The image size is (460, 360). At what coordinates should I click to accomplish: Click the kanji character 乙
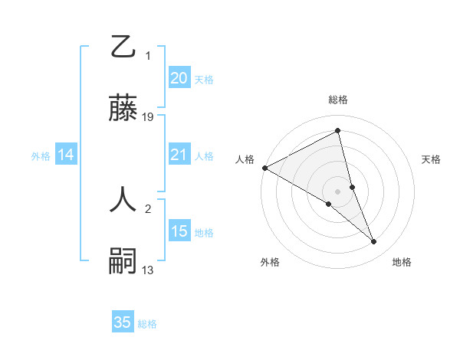(123, 47)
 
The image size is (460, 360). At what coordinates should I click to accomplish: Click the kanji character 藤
(123, 109)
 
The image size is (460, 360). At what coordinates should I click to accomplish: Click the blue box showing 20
(179, 78)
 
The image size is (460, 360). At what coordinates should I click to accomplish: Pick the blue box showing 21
(179, 155)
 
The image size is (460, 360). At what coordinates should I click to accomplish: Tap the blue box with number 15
(179, 231)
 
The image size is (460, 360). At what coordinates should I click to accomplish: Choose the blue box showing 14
(66, 155)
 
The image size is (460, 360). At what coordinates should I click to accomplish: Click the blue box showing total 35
(123, 322)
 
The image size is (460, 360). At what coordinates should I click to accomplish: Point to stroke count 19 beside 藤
(148, 116)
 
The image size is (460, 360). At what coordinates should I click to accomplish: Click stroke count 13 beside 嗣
(148, 270)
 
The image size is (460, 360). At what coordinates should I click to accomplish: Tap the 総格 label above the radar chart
(338, 100)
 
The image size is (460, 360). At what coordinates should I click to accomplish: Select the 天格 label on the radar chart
(432, 159)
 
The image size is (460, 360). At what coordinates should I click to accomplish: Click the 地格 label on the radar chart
(402, 262)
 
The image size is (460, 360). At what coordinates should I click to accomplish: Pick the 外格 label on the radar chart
(270, 262)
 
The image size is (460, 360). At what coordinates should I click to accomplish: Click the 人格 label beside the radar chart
(245, 159)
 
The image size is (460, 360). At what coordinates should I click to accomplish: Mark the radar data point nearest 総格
(338, 131)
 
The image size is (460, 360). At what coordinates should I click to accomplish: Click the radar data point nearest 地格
(374, 242)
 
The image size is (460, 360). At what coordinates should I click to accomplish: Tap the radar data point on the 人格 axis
(264, 168)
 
